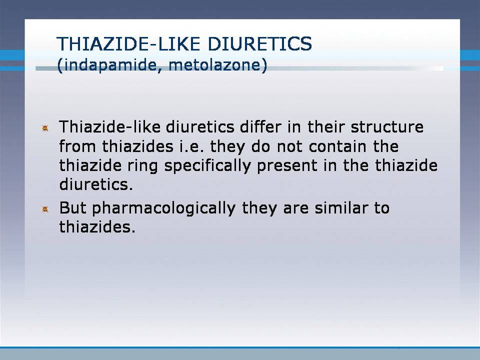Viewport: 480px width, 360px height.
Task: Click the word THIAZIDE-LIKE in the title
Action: (129, 43)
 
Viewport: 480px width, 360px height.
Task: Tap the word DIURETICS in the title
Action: (260, 43)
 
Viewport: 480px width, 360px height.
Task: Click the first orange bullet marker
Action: (45, 128)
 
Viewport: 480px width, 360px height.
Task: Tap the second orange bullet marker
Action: (45, 209)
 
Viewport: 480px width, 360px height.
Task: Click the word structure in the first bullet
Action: (387, 126)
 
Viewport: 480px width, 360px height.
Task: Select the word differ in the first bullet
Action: (260, 126)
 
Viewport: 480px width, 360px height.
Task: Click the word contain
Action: (337, 146)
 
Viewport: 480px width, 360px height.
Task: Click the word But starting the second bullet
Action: (73, 208)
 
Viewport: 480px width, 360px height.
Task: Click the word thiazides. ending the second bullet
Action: (97, 227)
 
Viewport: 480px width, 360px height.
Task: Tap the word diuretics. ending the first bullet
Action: (96, 184)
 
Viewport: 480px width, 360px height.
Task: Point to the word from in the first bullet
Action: (77, 146)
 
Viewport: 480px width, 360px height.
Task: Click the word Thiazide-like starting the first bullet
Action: (109, 126)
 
